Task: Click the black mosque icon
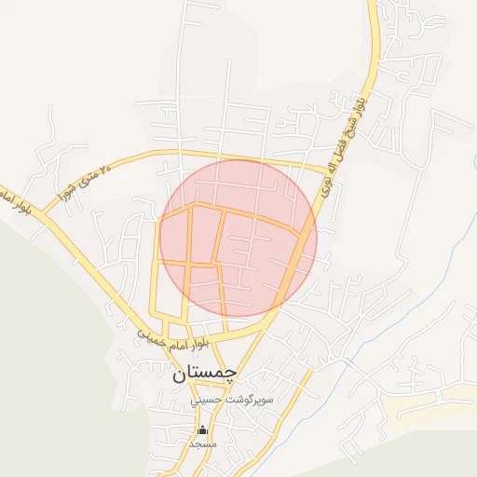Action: point(202,429)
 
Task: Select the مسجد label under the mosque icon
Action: point(202,443)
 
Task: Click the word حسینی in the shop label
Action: point(208,400)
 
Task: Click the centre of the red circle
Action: point(238,238)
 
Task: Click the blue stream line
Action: point(472,158)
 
